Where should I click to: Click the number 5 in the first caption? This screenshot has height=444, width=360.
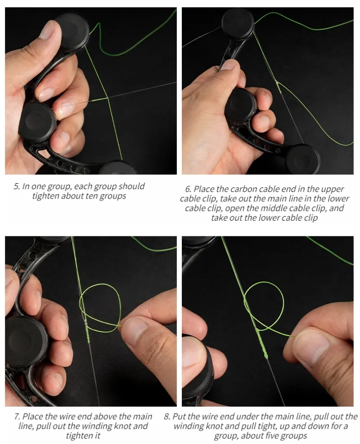click(x=17, y=186)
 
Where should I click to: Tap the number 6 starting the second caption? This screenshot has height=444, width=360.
click(x=188, y=189)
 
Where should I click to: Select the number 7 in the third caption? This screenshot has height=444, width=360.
click(x=17, y=417)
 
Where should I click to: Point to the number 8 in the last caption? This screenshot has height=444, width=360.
click(x=167, y=417)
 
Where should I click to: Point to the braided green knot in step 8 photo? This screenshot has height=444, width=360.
click(x=262, y=344)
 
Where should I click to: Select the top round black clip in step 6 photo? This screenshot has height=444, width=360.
click(x=238, y=23)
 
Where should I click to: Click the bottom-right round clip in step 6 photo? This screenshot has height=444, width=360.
click(x=303, y=159)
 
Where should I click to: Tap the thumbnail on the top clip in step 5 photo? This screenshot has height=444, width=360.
click(x=47, y=30)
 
